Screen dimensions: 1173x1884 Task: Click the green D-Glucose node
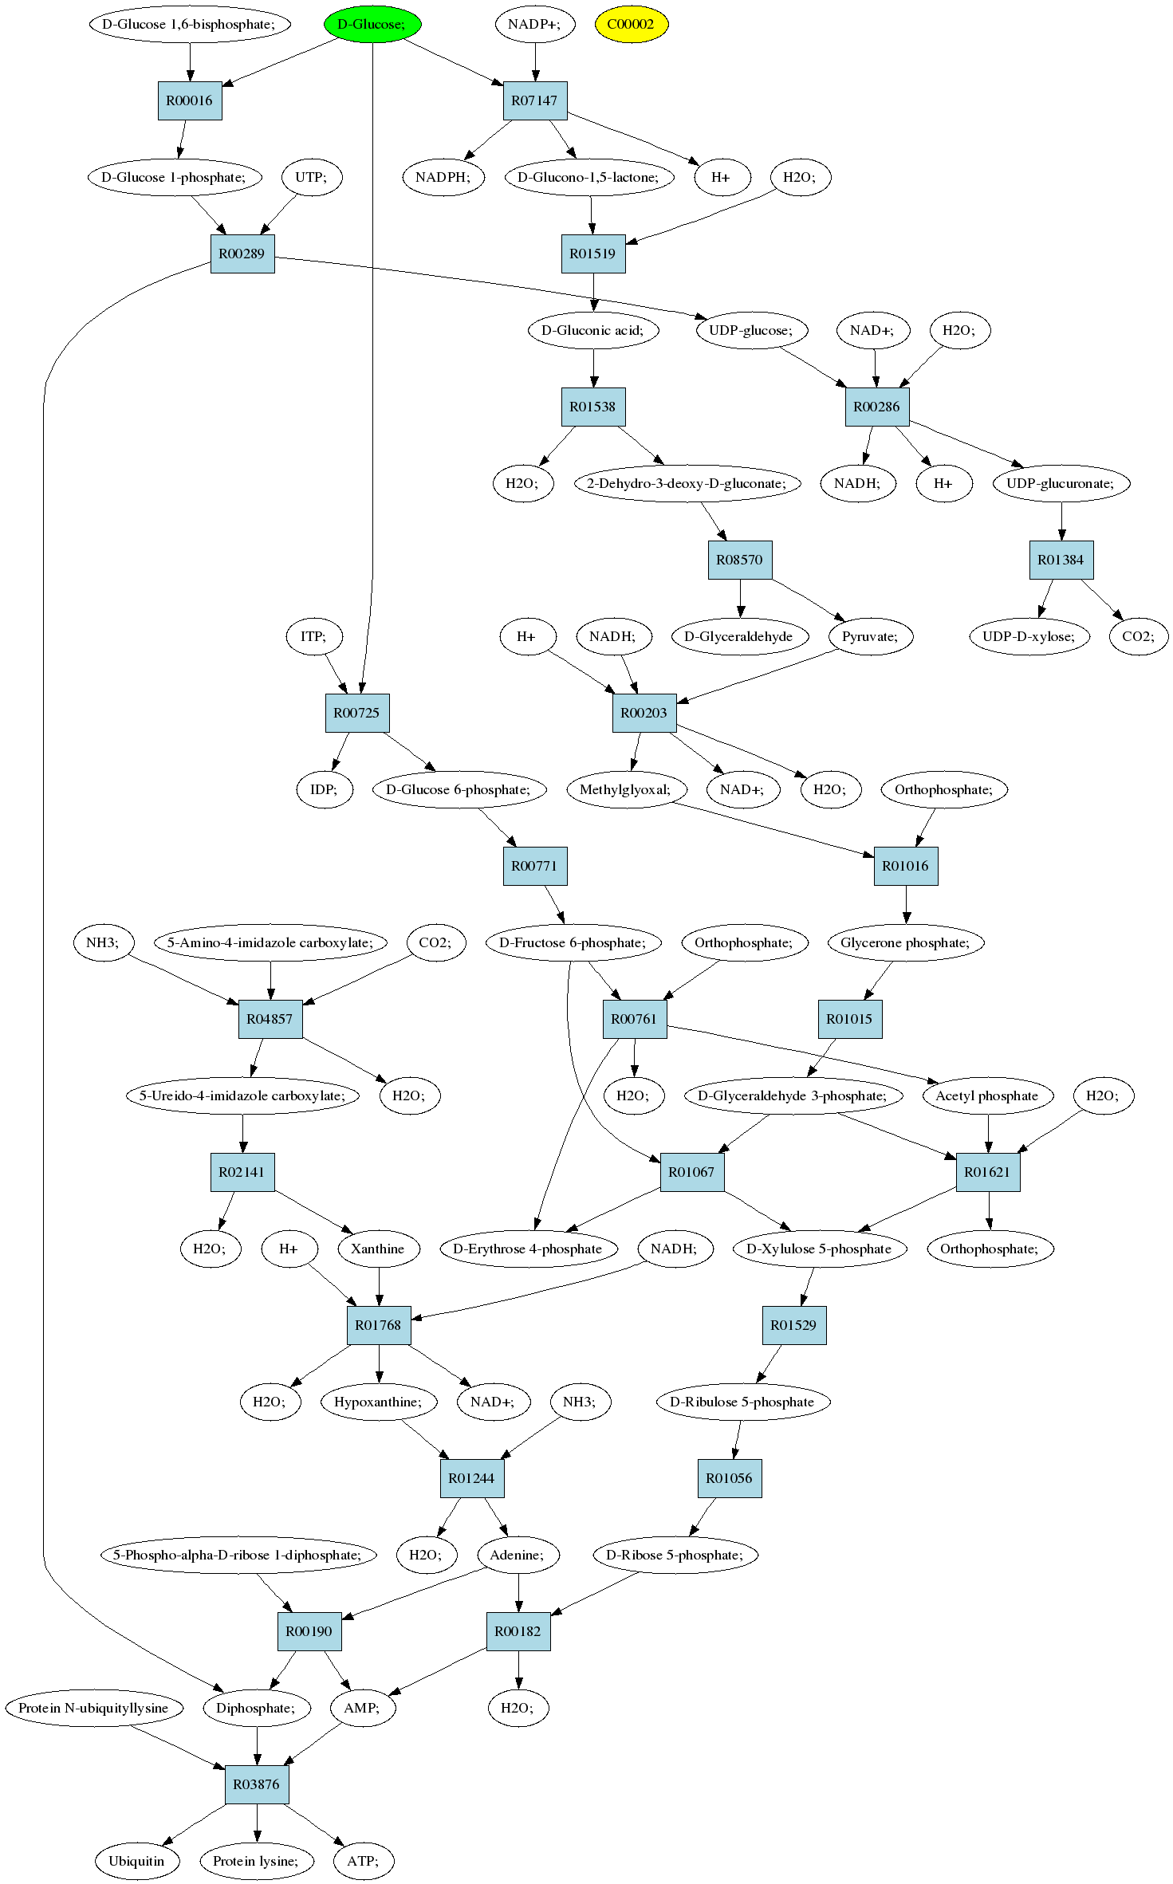(372, 24)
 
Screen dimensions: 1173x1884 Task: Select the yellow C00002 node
(631, 24)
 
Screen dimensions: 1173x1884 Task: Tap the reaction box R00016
(190, 100)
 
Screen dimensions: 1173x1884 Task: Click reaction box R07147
(535, 100)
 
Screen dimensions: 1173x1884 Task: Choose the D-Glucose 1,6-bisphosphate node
(189, 24)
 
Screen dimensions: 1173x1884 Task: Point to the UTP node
(311, 177)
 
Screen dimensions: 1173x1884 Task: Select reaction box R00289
(242, 254)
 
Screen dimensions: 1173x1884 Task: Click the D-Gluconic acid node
(593, 330)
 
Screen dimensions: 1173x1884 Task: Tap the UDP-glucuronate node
(1061, 483)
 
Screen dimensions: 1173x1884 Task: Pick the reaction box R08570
(740, 560)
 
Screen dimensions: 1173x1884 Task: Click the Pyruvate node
(870, 636)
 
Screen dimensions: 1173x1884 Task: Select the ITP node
(313, 636)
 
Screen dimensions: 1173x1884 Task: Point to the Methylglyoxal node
(625, 789)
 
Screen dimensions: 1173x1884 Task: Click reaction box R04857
(270, 1019)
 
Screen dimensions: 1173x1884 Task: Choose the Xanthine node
(378, 1249)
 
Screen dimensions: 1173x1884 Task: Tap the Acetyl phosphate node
(987, 1095)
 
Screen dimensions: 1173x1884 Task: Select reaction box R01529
(794, 1325)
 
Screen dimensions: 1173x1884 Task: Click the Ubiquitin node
(136, 1861)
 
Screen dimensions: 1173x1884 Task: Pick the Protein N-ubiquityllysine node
(93, 1708)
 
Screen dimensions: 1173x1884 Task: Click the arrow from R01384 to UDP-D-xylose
(1045, 598)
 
